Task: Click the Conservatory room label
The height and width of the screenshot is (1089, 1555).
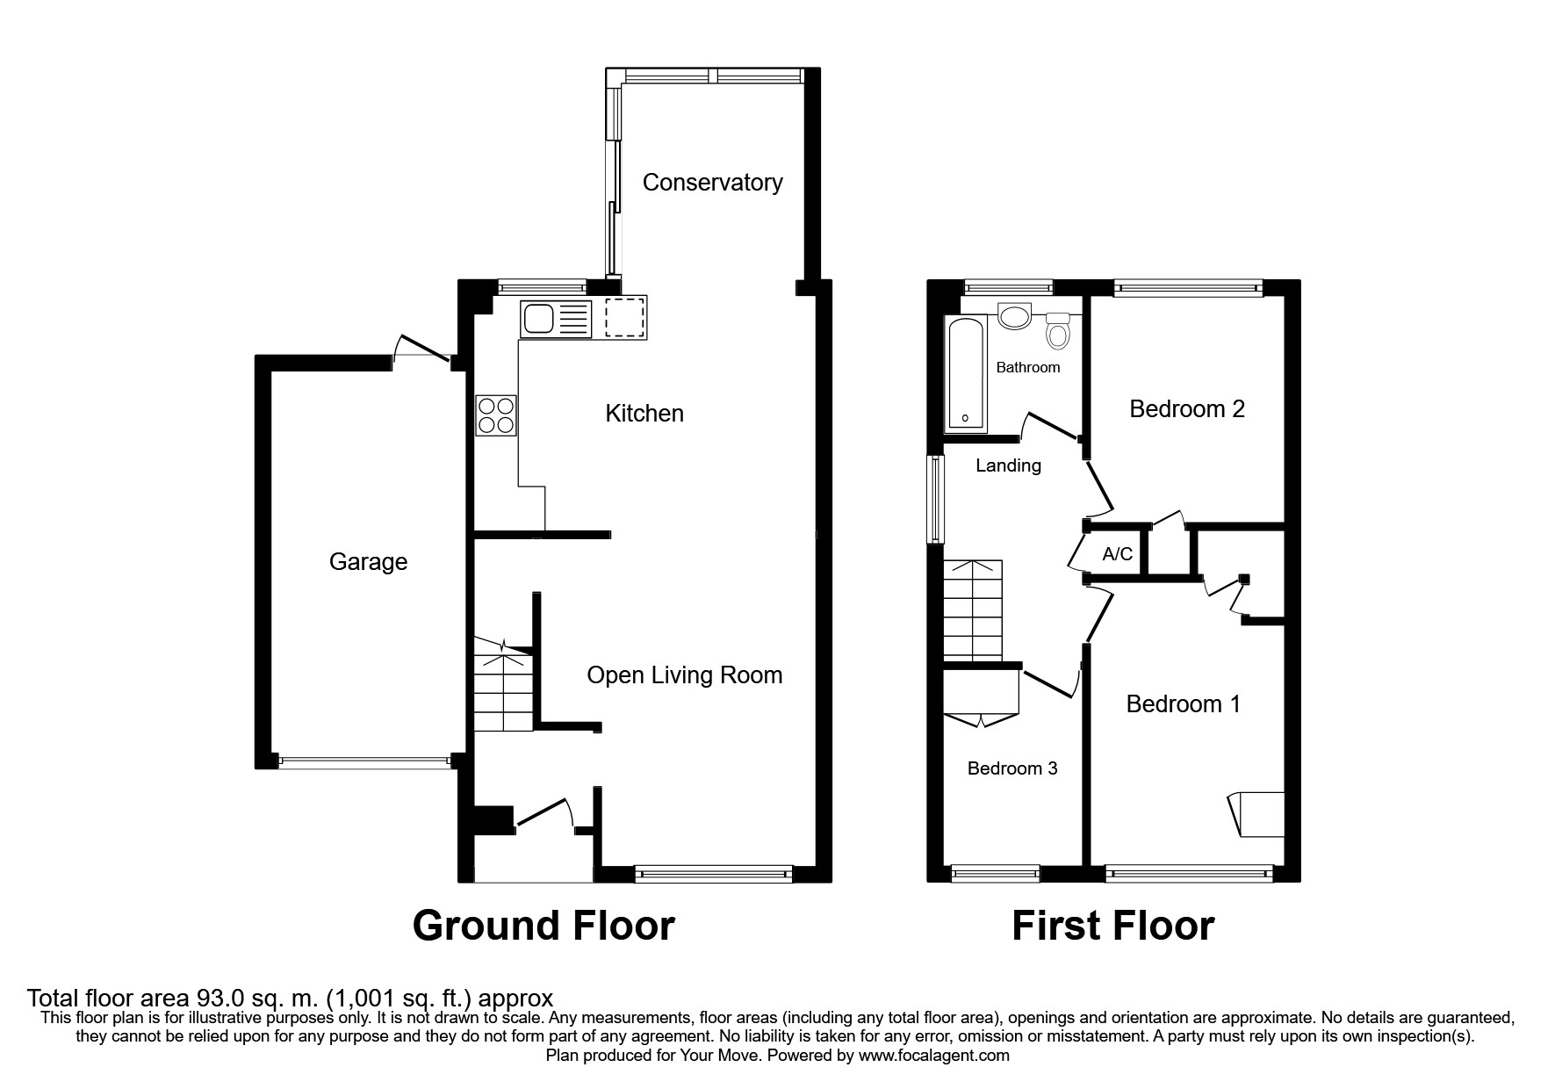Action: click(x=712, y=183)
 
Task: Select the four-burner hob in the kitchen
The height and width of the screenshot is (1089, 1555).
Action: click(x=496, y=415)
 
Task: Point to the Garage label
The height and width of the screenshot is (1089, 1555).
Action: click(x=368, y=562)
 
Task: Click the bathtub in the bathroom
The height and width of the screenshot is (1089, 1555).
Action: click(x=965, y=374)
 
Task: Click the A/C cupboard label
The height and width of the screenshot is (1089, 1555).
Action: click(x=1117, y=554)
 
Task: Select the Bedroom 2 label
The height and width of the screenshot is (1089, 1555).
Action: click(x=1186, y=409)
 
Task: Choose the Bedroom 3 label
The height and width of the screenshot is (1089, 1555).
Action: click(x=1011, y=768)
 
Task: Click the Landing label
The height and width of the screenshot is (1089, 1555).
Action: click(x=1008, y=466)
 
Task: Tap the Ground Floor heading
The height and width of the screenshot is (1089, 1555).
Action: click(x=544, y=926)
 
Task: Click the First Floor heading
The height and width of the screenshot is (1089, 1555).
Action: click(x=1112, y=926)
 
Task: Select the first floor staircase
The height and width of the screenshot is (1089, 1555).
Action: click(x=973, y=610)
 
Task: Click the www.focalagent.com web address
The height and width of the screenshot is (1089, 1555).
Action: click(x=933, y=1056)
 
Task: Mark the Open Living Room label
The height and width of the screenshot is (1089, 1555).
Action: click(x=684, y=675)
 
